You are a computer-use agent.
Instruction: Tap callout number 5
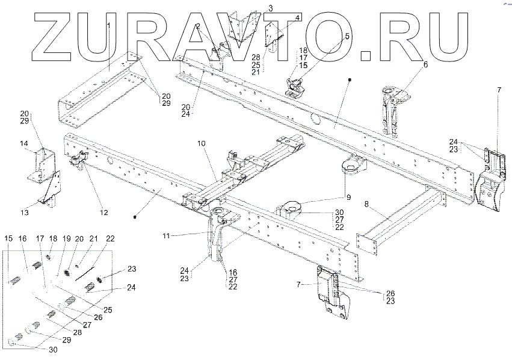point(347,37)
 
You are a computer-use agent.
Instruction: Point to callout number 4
point(298,18)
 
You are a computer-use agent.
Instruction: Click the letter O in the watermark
point(338,36)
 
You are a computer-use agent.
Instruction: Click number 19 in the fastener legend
point(67,239)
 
